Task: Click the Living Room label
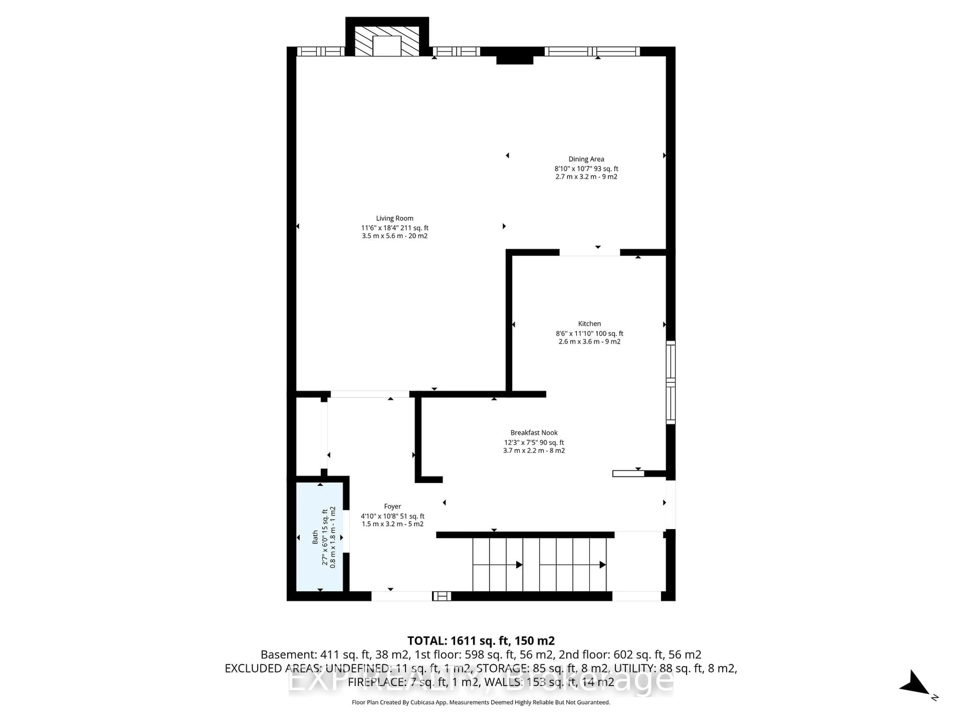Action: pyautogui.click(x=395, y=218)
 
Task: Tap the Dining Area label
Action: pyautogui.click(x=586, y=159)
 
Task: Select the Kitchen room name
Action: pyautogui.click(x=589, y=324)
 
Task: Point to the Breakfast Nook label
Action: pyautogui.click(x=534, y=433)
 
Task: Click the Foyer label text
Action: pyautogui.click(x=392, y=507)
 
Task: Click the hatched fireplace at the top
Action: pyautogui.click(x=387, y=41)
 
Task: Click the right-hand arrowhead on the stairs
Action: pyautogui.click(x=602, y=565)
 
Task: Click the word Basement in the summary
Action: pyautogui.click(x=287, y=655)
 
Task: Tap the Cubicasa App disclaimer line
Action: pyautogui.click(x=480, y=702)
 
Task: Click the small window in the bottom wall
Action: pyautogui.click(x=441, y=596)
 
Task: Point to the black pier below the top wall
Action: pyautogui.click(x=515, y=60)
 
